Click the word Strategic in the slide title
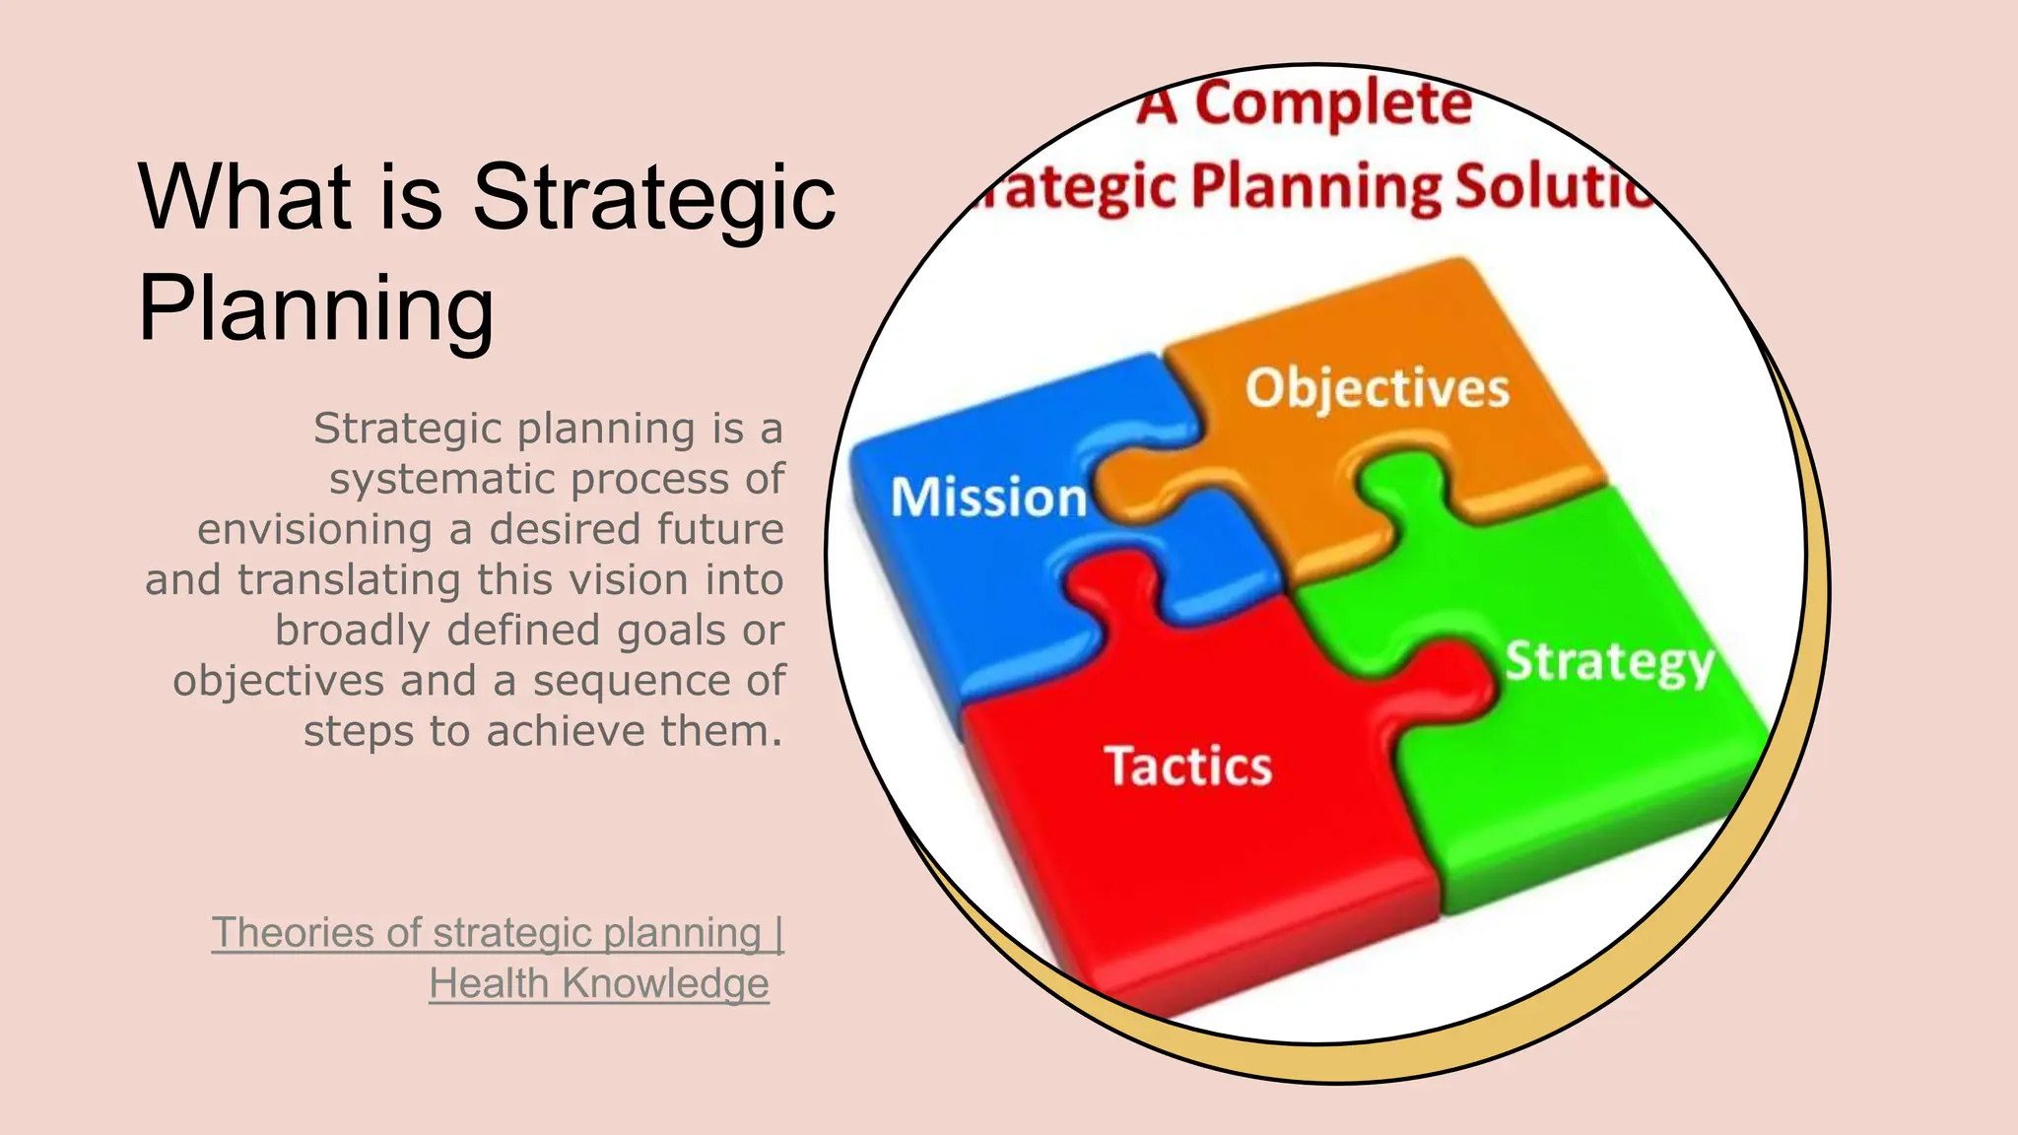point(654,197)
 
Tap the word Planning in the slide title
point(316,309)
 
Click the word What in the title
point(244,197)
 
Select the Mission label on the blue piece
point(988,497)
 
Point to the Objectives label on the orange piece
point(1377,387)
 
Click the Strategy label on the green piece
point(1609,662)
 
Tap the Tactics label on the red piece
point(1187,767)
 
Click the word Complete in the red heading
point(1333,103)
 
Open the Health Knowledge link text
point(599,983)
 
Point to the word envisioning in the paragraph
point(314,530)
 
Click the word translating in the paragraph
point(349,580)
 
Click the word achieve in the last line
point(567,732)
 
